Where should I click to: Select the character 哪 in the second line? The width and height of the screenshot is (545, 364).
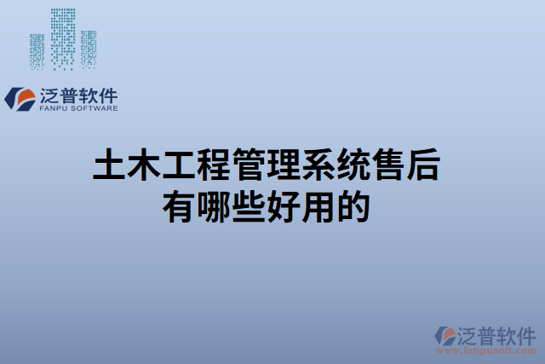214,207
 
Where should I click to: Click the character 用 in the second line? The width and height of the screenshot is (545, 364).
318,207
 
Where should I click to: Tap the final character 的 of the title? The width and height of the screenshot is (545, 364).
353,207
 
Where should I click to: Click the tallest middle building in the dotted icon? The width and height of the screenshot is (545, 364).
62,38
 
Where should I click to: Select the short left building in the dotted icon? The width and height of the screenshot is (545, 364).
37,51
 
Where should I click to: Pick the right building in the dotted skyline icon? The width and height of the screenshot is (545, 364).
88,49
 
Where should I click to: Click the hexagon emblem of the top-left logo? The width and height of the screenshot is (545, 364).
19,99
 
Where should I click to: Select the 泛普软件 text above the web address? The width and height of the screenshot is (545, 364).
498,333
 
